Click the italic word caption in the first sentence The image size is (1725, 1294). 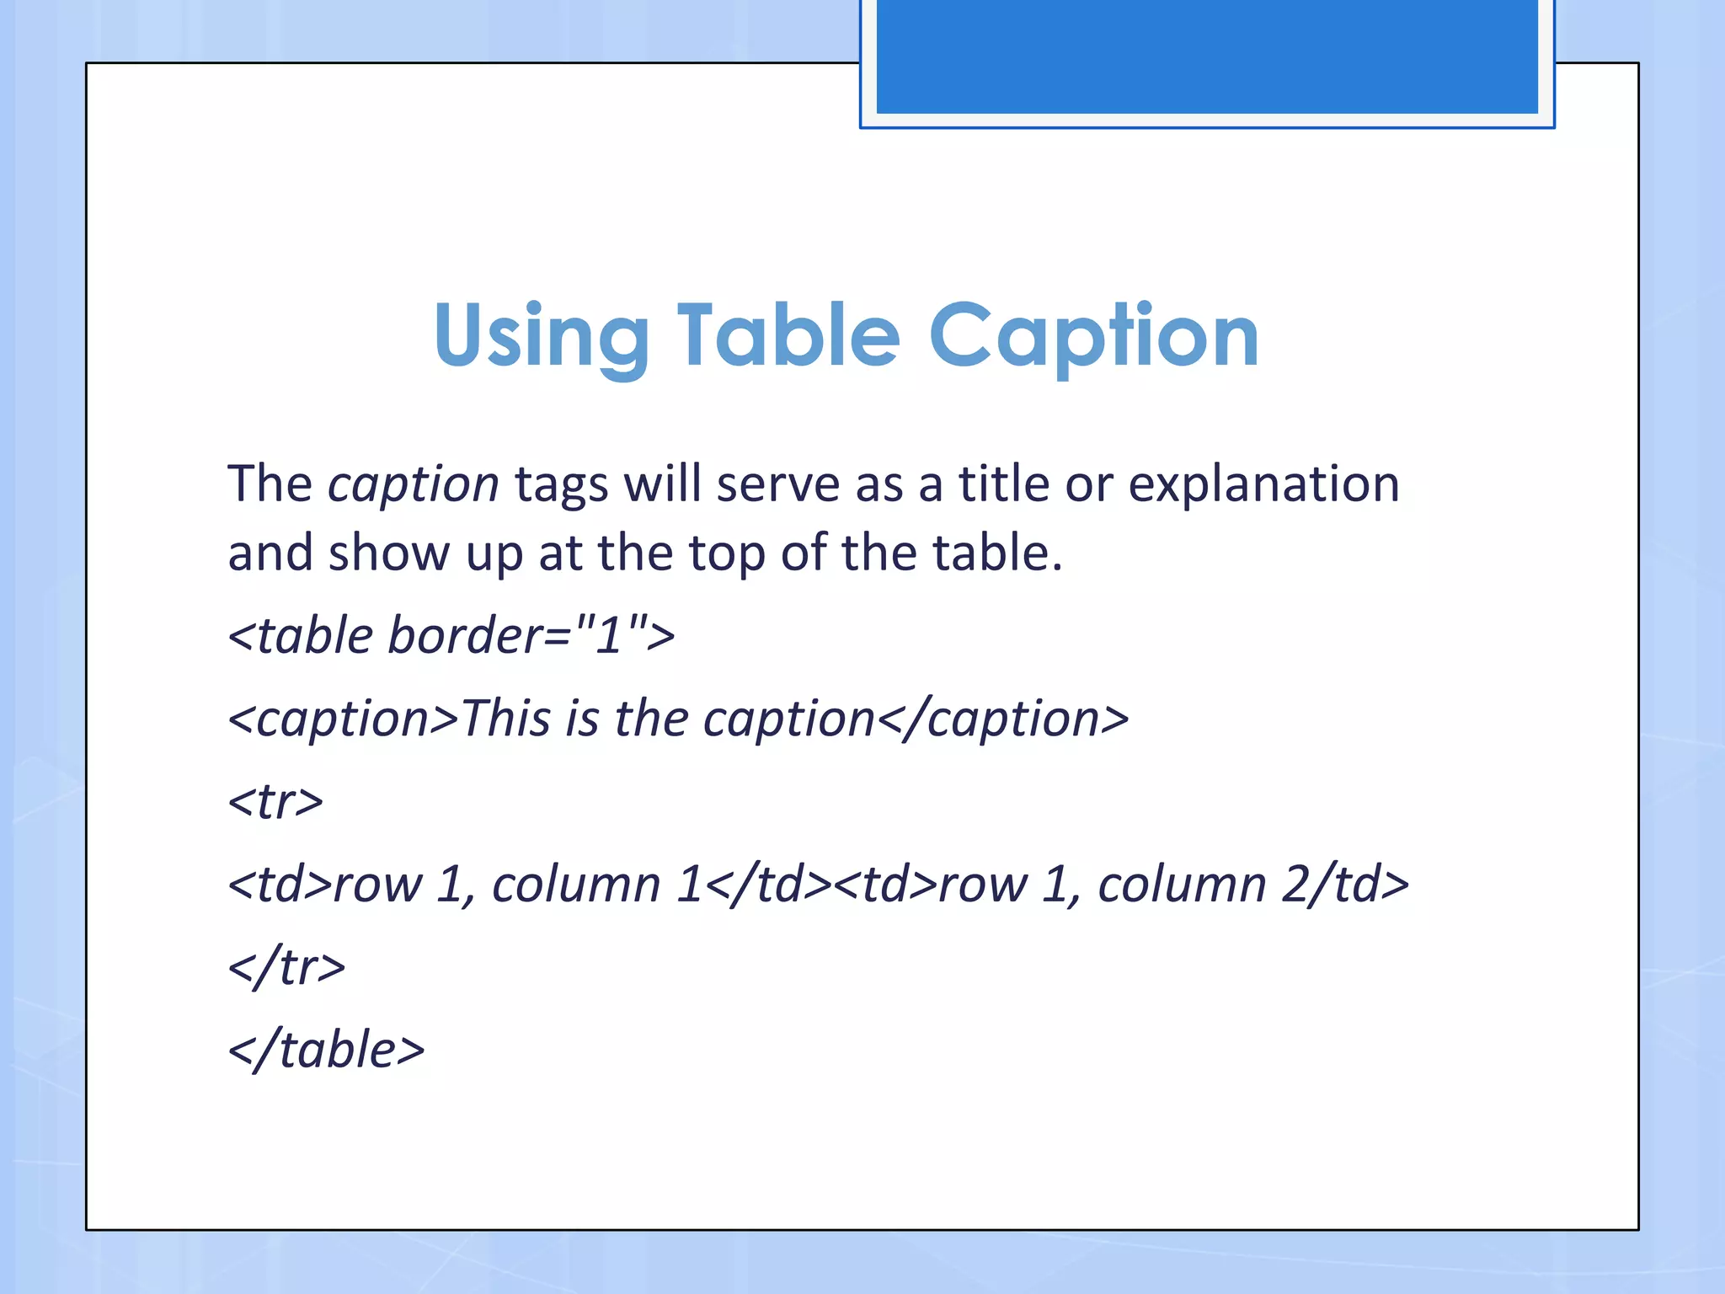click(414, 485)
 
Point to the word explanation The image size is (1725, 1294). click(1263, 485)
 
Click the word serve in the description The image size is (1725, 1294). click(777, 485)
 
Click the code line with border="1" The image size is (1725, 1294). click(451, 635)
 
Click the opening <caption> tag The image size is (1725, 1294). click(343, 719)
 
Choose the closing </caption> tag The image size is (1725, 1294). click(1002, 719)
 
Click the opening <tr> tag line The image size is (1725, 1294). click(275, 801)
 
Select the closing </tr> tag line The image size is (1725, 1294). click(286, 967)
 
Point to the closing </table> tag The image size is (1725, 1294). click(326, 1050)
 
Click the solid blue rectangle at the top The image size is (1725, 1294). click(1207, 56)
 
